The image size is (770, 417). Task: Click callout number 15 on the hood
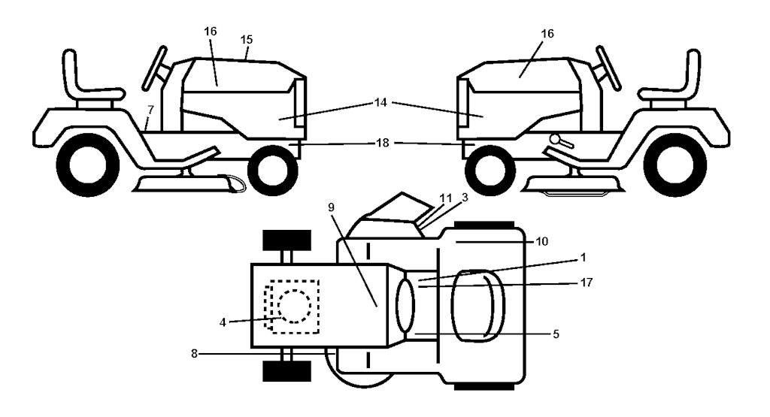pyautogui.click(x=247, y=39)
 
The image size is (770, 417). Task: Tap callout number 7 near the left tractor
pyautogui.click(x=150, y=110)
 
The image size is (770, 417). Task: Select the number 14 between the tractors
pyautogui.click(x=380, y=102)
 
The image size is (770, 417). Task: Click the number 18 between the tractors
pyautogui.click(x=383, y=143)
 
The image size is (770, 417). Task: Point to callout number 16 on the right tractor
pyautogui.click(x=547, y=33)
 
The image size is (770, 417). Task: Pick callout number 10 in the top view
pyautogui.click(x=542, y=241)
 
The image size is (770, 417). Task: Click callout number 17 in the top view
pyautogui.click(x=587, y=283)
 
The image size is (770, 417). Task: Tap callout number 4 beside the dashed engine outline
pyautogui.click(x=223, y=323)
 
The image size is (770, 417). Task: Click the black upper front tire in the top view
pyautogui.click(x=287, y=240)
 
